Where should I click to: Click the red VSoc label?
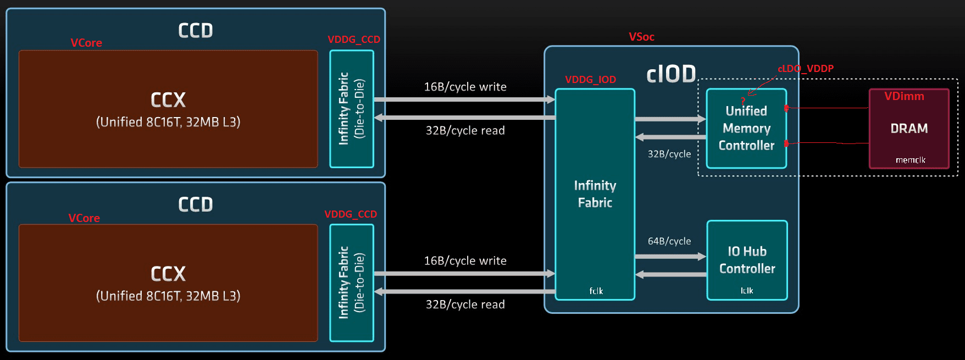point(641,37)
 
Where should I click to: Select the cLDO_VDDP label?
point(805,69)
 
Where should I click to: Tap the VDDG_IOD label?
point(590,80)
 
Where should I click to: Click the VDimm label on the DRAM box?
point(904,96)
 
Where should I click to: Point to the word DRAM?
point(909,129)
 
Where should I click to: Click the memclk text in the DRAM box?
point(910,160)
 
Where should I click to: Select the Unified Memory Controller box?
point(746,129)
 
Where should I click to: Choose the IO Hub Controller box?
point(747,260)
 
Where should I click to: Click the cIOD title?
point(671,74)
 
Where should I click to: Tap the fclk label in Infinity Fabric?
point(596,291)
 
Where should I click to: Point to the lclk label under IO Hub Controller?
point(747,291)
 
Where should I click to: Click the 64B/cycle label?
point(669,241)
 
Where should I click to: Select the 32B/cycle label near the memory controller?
point(669,154)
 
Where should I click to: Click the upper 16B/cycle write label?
point(465,87)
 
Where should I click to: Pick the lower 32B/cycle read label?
point(465,304)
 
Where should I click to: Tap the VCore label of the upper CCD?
point(86,43)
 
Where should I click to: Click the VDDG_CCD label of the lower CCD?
point(351,214)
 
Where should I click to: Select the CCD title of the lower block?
point(195,204)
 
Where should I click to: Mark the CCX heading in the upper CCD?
point(168,100)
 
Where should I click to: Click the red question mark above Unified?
point(743,101)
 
